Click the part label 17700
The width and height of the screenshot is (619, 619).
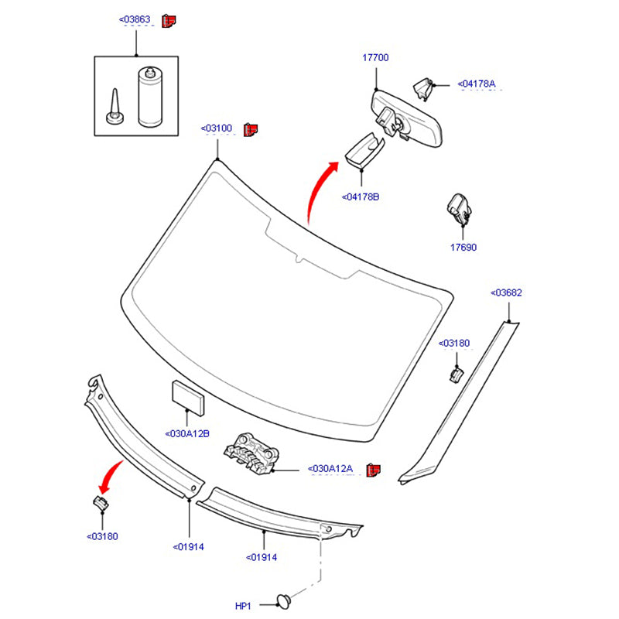[x=375, y=58]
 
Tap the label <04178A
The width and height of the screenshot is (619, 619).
[x=476, y=84]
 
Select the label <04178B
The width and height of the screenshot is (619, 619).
[x=361, y=197]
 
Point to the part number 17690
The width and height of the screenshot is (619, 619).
[x=464, y=248]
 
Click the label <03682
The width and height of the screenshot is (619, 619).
[x=507, y=292]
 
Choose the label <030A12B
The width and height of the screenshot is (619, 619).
[x=186, y=433]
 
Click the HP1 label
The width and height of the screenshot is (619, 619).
[x=244, y=606]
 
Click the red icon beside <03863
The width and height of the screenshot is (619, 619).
[x=169, y=20]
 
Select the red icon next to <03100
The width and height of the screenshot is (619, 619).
[x=251, y=129]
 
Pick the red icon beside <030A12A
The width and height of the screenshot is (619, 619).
[x=374, y=469]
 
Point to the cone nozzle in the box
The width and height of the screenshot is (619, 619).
[x=115, y=106]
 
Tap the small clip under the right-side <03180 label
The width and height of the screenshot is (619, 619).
[x=457, y=375]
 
